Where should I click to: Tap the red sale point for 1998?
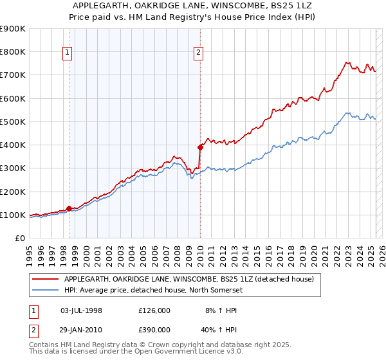point(69,208)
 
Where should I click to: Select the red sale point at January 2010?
point(200,147)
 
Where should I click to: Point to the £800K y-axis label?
point(13,52)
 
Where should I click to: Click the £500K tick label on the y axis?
point(13,122)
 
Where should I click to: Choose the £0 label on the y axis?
point(19,238)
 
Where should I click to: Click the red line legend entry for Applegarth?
point(188,279)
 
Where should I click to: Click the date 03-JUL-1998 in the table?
point(81,310)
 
